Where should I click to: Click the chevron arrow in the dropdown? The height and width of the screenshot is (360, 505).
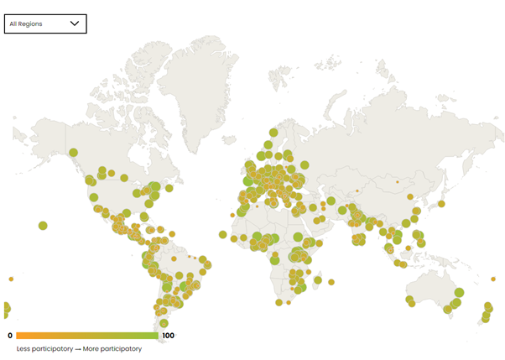click(x=75, y=23)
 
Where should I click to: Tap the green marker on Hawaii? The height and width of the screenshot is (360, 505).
click(x=43, y=225)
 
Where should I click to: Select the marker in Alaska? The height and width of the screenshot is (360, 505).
click(x=73, y=153)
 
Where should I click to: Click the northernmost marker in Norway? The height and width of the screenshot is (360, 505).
click(x=273, y=132)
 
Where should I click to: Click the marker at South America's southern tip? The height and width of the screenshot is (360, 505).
click(x=164, y=323)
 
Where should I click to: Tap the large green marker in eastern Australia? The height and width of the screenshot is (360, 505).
click(x=458, y=293)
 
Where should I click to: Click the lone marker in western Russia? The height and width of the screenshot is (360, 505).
click(x=305, y=165)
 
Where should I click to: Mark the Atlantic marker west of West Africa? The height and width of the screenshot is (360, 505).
click(x=222, y=234)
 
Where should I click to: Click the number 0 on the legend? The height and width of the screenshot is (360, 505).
click(x=10, y=336)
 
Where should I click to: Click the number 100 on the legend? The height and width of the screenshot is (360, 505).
click(x=168, y=336)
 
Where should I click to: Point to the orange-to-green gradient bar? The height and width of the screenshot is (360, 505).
click(x=86, y=336)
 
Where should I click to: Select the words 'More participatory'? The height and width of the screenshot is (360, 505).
click(x=112, y=348)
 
